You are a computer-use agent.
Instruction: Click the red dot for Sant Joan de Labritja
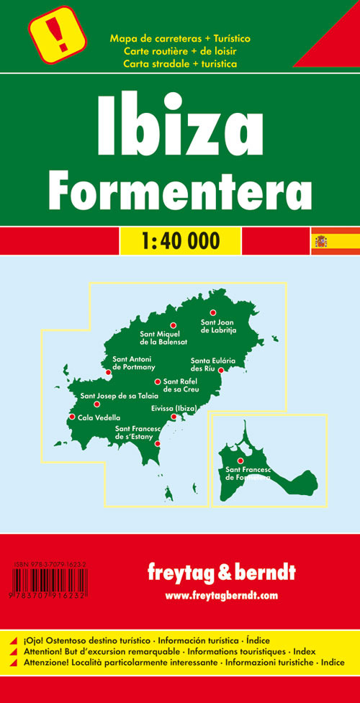point(212,312)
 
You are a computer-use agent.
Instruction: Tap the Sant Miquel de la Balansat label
point(167,338)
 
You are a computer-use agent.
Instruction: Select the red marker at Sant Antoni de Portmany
point(108,372)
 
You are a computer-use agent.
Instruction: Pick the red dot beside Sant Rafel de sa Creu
point(157,382)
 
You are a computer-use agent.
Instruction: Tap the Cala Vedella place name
point(99,417)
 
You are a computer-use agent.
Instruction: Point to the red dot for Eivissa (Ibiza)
point(174,417)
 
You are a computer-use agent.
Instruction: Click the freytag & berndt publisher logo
point(220,575)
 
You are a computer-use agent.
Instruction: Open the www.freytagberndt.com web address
point(220,595)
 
